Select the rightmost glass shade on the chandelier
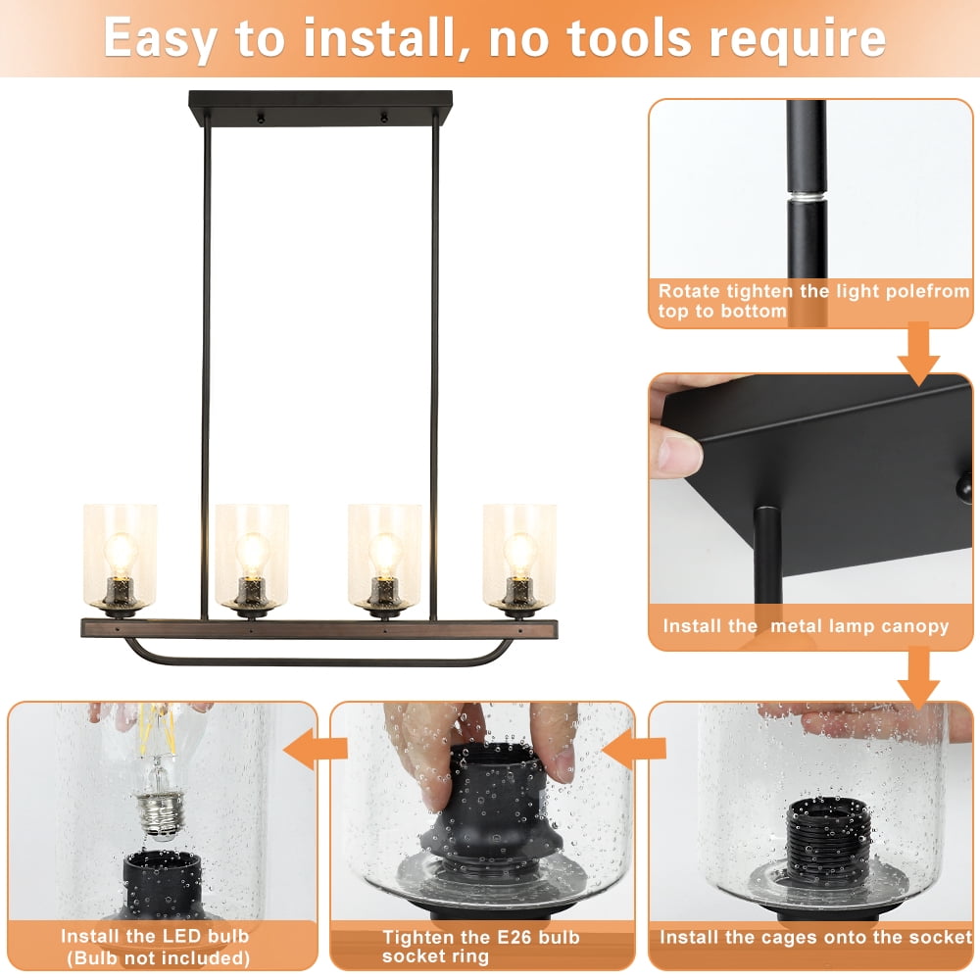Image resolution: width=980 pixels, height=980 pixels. pyautogui.click(x=519, y=557)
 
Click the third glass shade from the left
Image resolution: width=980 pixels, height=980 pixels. pyautogui.click(x=384, y=557)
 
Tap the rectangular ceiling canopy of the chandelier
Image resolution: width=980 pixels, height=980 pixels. pyautogui.click(x=320, y=109)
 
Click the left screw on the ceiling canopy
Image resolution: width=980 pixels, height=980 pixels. pyautogui.click(x=261, y=118)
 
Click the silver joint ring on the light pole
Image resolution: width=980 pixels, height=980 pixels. pyautogui.click(x=807, y=197)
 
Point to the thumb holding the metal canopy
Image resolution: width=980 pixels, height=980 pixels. pyautogui.click(x=676, y=452)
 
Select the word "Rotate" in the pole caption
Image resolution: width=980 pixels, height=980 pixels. pyautogui.click(x=689, y=291)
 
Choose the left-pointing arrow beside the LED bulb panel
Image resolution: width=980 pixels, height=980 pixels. pyautogui.click(x=315, y=748)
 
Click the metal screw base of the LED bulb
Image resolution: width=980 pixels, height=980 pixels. pyautogui.click(x=162, y=813)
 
